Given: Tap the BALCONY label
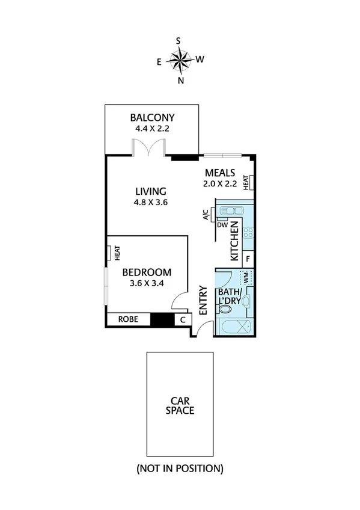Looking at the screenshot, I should (152, 118).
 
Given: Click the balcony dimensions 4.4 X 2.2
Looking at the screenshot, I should (152, 129).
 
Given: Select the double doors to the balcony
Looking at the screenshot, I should (150, 147).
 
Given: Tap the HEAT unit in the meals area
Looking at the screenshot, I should (247, 182).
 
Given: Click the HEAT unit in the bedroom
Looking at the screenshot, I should (111, 253).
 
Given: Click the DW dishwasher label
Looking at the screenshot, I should (222, 225).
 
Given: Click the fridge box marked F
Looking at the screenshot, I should (248, 259).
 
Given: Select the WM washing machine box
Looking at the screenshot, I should (245, 278).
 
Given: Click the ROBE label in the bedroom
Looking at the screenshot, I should (127, 319).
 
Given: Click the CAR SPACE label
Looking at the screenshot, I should (180, 405).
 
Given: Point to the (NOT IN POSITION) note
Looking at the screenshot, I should (180, 468).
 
